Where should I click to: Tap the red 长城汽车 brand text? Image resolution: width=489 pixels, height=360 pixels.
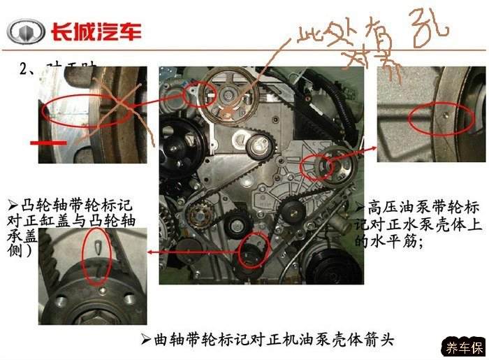click(95, 31)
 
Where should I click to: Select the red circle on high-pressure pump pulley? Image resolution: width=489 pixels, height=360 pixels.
click(318, 168)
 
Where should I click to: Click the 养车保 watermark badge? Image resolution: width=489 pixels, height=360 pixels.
click(464, 347)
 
